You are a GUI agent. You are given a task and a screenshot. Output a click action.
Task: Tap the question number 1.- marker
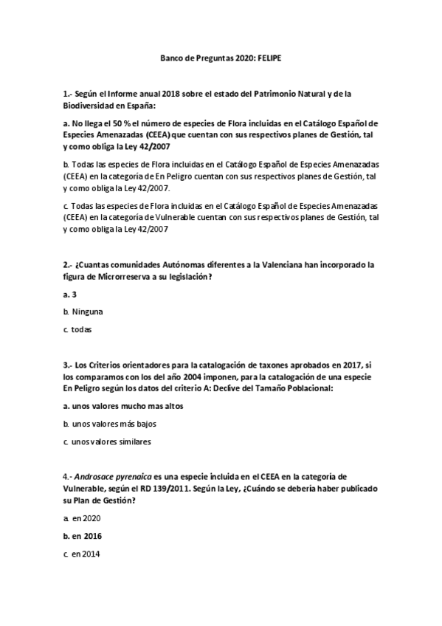click(67, 94)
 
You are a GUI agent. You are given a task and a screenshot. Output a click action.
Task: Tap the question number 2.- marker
click(67, 264)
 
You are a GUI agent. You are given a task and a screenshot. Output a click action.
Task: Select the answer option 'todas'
click(77, 330)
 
